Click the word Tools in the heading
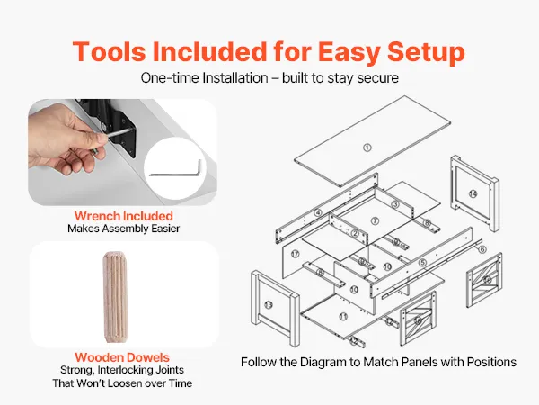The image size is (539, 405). (x=109, y=51)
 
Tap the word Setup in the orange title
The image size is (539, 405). (x=426, y=53)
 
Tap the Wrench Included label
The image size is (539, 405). (x=124, y=216)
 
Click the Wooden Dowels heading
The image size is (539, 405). (x=122, y=357)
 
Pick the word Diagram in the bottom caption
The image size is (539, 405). (x=329, y=363)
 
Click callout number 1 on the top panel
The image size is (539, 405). (x=367, y=148)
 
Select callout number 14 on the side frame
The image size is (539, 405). (x=473, y=194)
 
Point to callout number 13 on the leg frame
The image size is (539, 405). (x=269, y=305)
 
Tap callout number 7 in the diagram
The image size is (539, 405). (x=375, y=221)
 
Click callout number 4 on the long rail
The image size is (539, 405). (x=318, y=212)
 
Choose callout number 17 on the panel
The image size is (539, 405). (x=295, y=254)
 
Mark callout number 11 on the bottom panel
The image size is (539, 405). (x=343, y=317)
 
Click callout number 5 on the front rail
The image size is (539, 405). (x=423, y=263)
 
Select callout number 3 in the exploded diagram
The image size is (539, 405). (x=395, y=204)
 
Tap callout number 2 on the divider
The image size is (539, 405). (x=355, y=234)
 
